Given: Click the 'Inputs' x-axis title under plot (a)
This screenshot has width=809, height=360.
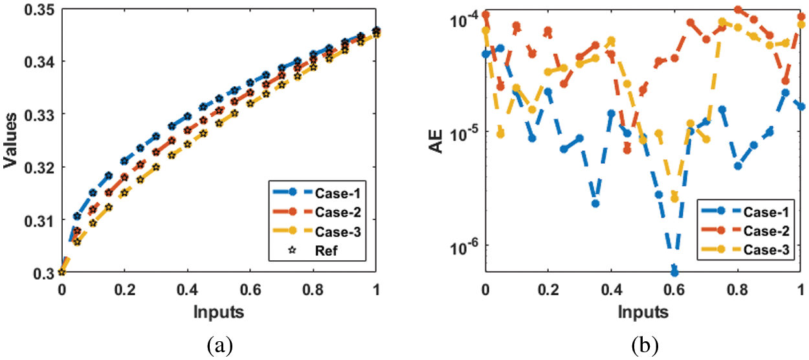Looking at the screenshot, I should pyautogui.click(x=218, y=312).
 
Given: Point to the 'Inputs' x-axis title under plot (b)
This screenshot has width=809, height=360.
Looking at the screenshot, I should pyautogui.click(x=643, y=312).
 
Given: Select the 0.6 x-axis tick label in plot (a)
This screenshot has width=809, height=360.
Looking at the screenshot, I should pyautogui.click(x=250, y=289).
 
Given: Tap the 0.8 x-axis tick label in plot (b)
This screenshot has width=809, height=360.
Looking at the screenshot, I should pyautogui.click(x=738, y=289).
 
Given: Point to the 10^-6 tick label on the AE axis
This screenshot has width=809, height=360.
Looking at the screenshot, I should pyautogui.click(x=462, y=245).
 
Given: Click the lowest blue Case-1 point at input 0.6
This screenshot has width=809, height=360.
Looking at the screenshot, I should pyautogui.click(x=674, y=272).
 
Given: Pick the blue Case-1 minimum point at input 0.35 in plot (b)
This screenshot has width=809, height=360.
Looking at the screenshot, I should pyautogui.click(x=595, y=203).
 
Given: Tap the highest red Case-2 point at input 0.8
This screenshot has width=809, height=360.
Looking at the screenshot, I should pyautogui.click(x=738, y=10).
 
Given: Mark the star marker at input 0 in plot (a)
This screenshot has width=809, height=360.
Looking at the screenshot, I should pyautogui.click(x=61, y=273).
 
